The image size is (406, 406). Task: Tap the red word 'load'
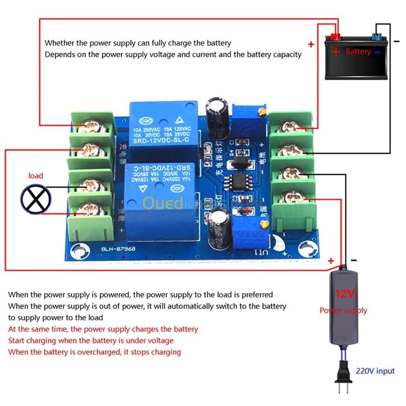point(36,176)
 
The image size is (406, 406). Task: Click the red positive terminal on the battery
point(335,37)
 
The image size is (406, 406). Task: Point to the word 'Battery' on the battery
point(358,52)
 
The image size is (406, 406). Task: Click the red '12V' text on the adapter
point(345,293)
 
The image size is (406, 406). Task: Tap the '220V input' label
point(375,371)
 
